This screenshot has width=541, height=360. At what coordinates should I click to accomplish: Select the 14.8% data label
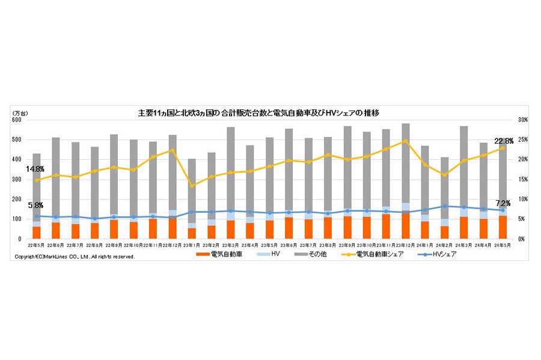(x=35, y=169)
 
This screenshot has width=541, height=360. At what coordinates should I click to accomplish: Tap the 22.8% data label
(x=504, y=141)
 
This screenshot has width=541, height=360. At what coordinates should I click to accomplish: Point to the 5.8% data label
(x=35, y=206)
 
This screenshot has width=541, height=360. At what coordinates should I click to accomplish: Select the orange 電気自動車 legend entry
(x=217, y=255)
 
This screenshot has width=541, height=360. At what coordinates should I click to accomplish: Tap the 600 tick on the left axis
(x=16, y=120)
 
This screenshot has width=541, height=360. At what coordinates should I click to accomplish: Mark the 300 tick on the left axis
(x=16, y=179)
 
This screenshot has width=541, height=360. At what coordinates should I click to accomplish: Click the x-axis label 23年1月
(x=192, y=245)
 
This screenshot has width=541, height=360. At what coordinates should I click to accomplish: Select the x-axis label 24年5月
(x=502, y=245)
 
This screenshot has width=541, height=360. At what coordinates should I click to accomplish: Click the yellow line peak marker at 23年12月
(x=405, y=141)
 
